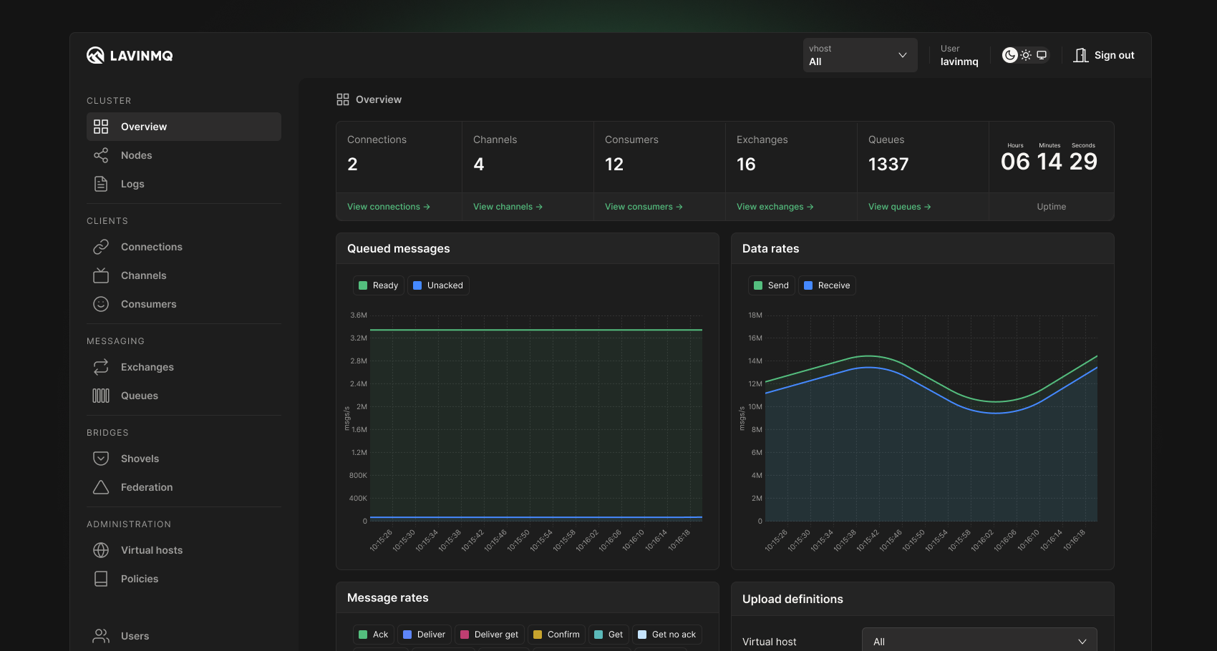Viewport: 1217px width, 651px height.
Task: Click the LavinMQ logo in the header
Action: [x=130, y=55]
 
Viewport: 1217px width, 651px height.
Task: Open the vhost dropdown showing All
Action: [x=859, y=55]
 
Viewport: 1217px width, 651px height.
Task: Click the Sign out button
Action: [x=1104, y=55]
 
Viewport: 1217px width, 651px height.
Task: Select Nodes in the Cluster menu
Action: [x=136, y=155]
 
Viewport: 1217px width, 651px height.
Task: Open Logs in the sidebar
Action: [x=132, y=184]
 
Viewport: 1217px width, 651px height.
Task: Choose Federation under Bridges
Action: [x=146, y=487]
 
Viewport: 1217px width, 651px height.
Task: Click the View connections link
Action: [x=388, y=207]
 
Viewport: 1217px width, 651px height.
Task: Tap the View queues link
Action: [x=899, y=207]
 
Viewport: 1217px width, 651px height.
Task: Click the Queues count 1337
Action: [x=888, y=165]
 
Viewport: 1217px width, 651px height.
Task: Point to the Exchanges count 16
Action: [x=746, y=165]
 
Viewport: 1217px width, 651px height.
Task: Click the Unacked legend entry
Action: [x=438, y=285]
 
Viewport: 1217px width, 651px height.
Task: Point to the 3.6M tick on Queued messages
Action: [x=359, y=315]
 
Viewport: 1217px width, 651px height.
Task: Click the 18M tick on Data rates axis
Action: [x=755, y=315]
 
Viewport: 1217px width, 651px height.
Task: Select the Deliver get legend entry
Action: [x=490, y=635]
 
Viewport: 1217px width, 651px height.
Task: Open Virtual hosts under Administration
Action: [x=151, y=550]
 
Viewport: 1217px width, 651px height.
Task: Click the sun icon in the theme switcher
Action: [x=1026, y=55]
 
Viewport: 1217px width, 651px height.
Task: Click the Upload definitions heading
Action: [x=792, y=599]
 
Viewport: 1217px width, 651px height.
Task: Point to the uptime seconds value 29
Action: [x=1083, y=162]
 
